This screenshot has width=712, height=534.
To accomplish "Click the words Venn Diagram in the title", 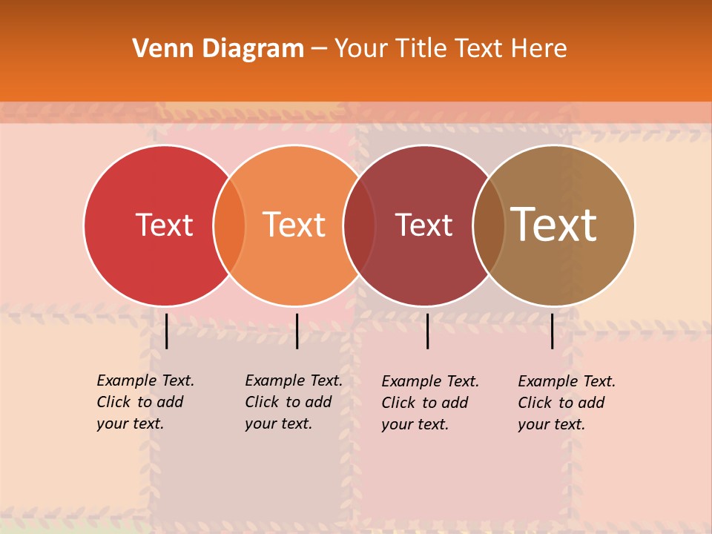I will coord(218,49).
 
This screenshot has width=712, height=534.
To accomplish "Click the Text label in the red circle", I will coord(164,225).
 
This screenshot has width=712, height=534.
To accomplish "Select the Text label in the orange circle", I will coord(294,225).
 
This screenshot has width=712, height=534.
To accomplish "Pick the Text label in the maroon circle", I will coord(423,225).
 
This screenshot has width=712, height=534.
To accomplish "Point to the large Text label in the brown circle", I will coord(553,225).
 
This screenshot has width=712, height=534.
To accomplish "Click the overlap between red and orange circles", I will coord(229,225).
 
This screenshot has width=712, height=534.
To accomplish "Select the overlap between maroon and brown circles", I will coord(489,225).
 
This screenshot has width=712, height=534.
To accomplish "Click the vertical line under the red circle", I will coord(167,331).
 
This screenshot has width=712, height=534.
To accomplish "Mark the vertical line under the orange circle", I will coord(297,331).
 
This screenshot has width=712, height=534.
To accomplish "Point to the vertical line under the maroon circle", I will coord(427,331).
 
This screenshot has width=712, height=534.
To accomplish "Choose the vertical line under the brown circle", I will coord(552,331).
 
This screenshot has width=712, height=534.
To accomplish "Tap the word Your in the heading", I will coord(361,49).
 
